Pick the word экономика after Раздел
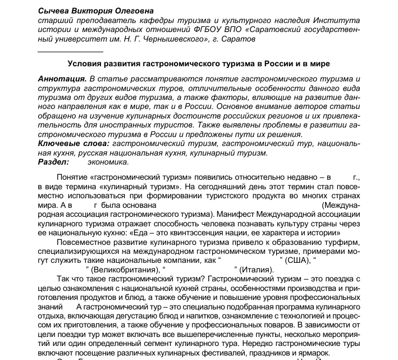click(108, 162)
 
